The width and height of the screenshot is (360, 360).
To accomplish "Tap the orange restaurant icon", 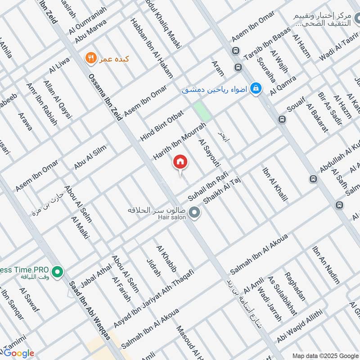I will [x=91, y=58].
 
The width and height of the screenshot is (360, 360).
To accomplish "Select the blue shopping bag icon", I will [x=256, y=88].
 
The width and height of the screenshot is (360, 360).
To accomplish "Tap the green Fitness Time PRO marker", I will [x=57, y=272].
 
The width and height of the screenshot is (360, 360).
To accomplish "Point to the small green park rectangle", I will [x=202, y=111].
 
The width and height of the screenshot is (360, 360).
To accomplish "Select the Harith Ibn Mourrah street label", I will [x=176, y=141].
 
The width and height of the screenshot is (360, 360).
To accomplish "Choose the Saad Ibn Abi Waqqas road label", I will [x=90, y=311].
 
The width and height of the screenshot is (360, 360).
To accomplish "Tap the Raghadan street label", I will [x=295, y=286].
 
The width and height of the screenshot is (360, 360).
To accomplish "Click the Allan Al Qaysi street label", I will [x=58, y=99].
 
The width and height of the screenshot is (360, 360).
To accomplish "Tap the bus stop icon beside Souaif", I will [x=282, y=120].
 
